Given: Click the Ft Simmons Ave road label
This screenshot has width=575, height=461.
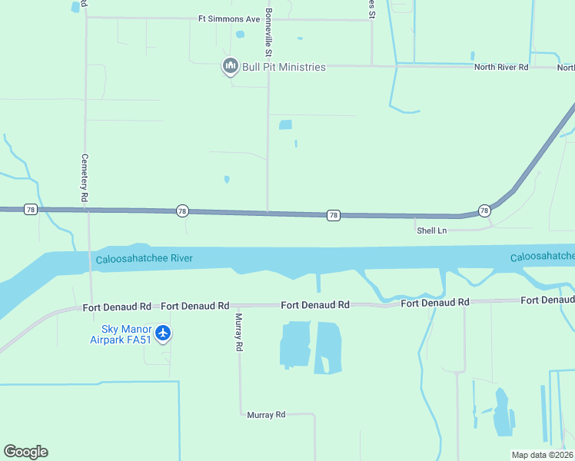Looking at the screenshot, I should (229, 18).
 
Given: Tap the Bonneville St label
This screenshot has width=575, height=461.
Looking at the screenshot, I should (268, 33).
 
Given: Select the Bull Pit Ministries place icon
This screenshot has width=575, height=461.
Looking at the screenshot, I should (230, 67).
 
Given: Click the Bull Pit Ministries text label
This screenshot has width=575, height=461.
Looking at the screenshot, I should (284, 67).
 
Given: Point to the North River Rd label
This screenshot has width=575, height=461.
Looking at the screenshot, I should (501, 68).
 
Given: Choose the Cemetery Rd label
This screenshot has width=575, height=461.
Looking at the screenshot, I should (85, 177).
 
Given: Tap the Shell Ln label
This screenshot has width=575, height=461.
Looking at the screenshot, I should (431, 230).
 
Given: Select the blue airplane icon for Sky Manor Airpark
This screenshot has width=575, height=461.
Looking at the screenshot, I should (162, 333).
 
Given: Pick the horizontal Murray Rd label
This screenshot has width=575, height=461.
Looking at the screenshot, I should (266, 415).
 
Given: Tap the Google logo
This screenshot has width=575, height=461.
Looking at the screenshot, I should (25, 452).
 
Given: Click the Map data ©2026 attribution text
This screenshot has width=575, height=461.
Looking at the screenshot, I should (542, 455).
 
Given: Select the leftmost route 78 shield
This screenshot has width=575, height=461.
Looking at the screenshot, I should (30, 209).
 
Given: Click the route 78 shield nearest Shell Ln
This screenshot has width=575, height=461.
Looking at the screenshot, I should (484, 210).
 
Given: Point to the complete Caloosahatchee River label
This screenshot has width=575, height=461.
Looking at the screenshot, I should (144, 259).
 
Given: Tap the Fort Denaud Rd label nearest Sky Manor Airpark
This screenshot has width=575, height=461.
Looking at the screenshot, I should (117, 307).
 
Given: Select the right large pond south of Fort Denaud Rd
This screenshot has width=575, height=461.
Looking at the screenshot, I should (328, 347).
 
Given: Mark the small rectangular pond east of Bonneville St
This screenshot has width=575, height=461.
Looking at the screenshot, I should (285, 124).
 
